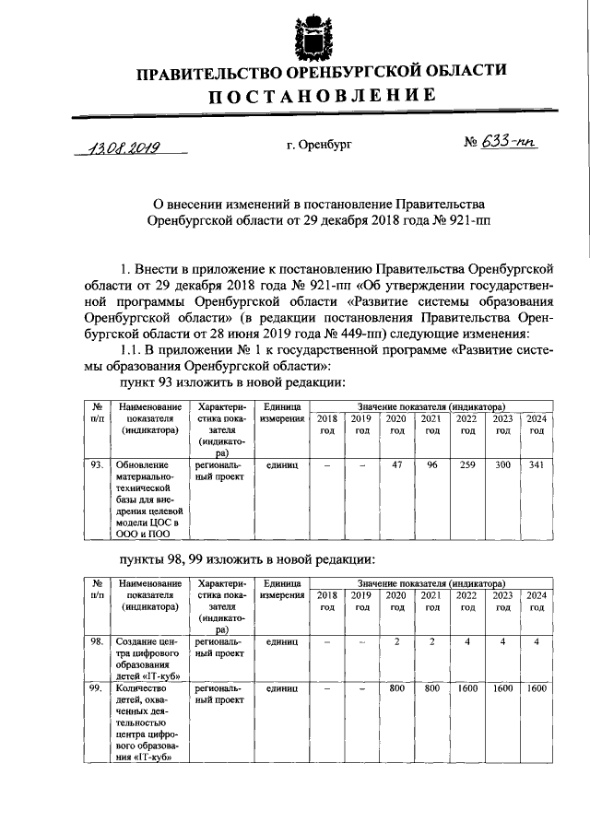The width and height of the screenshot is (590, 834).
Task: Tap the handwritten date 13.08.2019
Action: click(x=120, y=147)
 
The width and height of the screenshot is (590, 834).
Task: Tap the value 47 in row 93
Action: click(x=397, y=465)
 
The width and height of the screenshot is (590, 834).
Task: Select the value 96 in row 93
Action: click(x=430, y=465)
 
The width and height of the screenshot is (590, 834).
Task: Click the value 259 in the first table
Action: click(x=467, y=465)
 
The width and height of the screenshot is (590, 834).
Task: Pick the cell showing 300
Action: click(x=503, y=465)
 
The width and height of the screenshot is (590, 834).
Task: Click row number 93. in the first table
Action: click(x=96, y=465)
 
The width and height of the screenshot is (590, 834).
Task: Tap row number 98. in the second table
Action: click(x=96, y=641)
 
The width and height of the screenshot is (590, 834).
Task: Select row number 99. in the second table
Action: click(x=96, y=688)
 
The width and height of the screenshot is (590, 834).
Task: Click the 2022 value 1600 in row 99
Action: click(x=467, y=688)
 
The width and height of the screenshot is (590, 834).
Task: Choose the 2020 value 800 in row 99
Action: click(x=397, y=688)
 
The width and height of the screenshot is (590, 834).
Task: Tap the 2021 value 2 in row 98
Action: click(x=430, y=641)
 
